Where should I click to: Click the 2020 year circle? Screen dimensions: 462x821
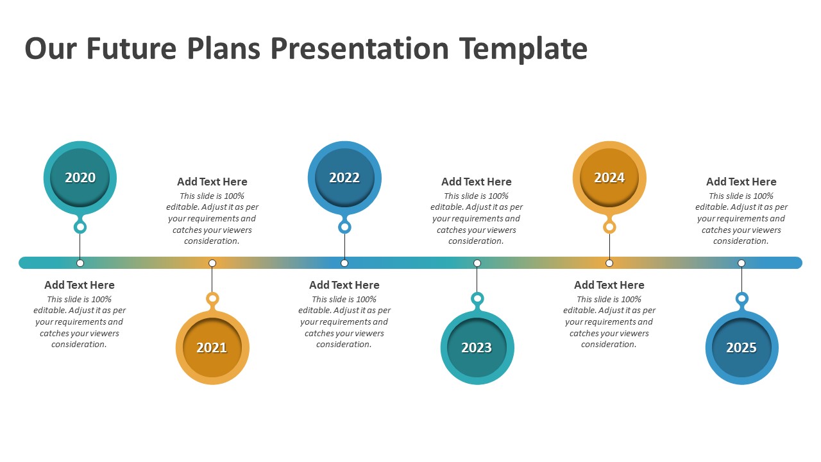tap(80, 178)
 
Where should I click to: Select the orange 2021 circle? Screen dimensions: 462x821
tap(212, 348)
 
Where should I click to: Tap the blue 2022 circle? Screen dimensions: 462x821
tap(344, 178)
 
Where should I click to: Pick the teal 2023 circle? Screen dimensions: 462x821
tap(477, 348)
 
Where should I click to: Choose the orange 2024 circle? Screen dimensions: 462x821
tap(609, 178)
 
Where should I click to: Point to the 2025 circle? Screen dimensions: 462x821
tap(741, 348)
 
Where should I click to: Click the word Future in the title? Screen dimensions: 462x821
tap(132, 49)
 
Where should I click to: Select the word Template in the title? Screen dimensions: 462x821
tap(523, 49)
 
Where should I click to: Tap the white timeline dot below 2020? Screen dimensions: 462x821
tap(80, 263)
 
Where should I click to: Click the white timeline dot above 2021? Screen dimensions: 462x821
tap(212, 263)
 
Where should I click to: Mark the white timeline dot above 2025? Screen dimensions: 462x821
tap(741, 263)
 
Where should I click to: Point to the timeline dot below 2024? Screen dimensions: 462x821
tap(609, 263)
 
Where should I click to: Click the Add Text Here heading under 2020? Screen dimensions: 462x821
tap(80, 285)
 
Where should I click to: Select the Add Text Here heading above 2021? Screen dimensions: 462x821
tap(212, 182)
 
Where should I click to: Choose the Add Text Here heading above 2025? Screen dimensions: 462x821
tap(741, 182)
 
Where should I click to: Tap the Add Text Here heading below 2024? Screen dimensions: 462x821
tap(609, 285)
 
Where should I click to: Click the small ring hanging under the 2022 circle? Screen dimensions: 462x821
tap(344, 227)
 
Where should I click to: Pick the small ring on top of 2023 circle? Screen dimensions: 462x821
tap(477, 298)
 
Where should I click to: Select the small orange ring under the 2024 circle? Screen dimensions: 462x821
tap(609, 227)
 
